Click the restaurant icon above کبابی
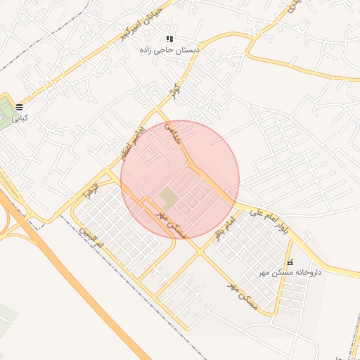(x=20, y=108)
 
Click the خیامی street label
(x=173, y=134)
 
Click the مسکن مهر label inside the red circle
(x=172, y=223)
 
